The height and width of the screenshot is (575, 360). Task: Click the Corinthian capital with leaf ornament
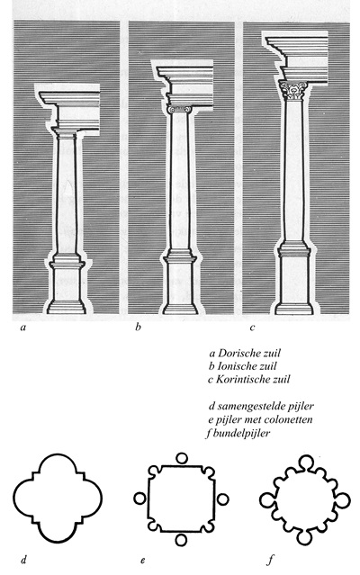(x=292, y=91)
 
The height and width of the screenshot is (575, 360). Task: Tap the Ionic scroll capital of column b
(x=178, y=109)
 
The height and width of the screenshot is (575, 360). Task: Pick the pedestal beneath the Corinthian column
(x=293, y=282)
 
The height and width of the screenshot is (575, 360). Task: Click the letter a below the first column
(x=23, y=328)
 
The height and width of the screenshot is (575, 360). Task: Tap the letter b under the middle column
(x=138, y=327)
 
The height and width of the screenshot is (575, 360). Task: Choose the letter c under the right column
(x=252, y=328)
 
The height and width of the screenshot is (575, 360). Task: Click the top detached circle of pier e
(x=181, y=458)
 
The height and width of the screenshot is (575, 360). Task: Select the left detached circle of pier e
(x=139, y=499)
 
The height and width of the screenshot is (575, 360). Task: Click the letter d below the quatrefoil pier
(x=23, y=560)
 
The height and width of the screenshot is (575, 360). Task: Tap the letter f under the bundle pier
(x=271, y=560)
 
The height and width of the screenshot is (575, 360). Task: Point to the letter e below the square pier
(x=142, y=561)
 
